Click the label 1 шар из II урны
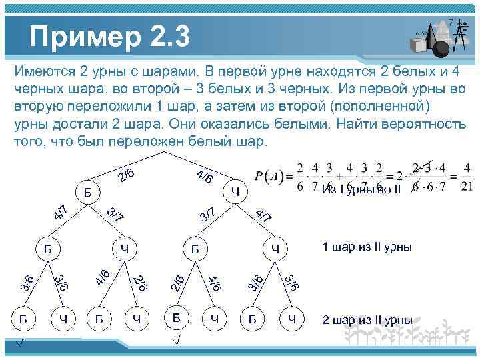(367, 247)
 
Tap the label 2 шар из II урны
(367, 319)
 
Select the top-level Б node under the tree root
(88, 193)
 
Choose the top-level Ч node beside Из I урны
(235, 193)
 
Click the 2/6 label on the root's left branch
(127, 175)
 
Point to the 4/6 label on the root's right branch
(205, 176)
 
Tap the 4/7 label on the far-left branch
(59, 213)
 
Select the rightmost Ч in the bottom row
(291, 319)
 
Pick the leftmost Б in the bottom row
(23, 319)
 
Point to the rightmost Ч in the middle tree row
(274, 249)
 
